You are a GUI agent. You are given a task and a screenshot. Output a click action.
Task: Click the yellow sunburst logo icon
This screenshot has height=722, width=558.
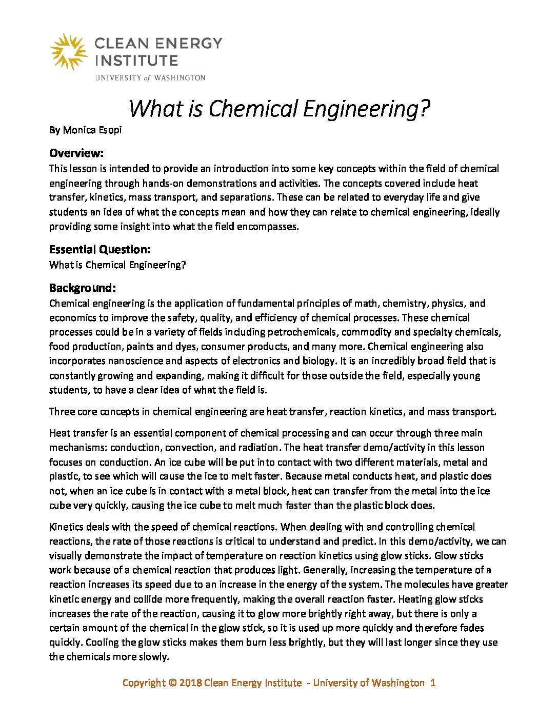(x=68, y=52)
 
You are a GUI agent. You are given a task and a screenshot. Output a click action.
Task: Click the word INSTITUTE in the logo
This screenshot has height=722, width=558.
(x=136, y=61)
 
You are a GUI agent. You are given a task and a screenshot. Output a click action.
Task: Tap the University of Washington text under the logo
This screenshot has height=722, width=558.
(x=150, y=78)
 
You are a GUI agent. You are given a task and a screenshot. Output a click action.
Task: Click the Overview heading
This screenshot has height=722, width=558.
(x=76, y=153)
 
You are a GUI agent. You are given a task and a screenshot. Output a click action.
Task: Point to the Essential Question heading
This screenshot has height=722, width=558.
(x=100, y=250)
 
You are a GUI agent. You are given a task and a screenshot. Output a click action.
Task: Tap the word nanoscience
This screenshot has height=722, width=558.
(x=135, y=360)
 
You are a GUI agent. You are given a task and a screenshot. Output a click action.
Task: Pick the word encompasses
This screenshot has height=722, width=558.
(x=266, y=226)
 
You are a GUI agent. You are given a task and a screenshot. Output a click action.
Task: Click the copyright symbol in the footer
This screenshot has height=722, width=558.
(x=172, y=683)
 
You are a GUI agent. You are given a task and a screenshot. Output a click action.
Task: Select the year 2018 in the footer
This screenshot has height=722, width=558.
(x=190, y=683)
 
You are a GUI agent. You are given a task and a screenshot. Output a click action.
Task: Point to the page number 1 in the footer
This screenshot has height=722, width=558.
(x=433, y=683)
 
